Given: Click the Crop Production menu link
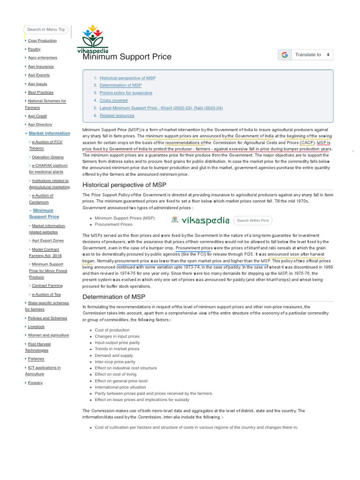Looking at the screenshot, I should coord(42,41).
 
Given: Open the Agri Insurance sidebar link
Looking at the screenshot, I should coord(41,67).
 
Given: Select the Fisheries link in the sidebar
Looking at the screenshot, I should coord(36,359).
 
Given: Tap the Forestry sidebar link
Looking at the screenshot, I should coord(35,383).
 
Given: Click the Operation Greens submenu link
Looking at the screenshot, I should coord(47,157).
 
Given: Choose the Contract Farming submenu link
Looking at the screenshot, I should coord(47,285).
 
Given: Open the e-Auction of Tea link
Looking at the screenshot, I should coord(46,294).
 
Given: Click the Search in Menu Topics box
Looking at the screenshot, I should coord(46,30).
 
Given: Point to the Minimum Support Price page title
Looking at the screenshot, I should coord(127,57).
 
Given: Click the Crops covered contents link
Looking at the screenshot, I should coord(113,100).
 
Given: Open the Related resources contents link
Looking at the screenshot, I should coord(117,115).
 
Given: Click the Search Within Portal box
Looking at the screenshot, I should coord(253,220).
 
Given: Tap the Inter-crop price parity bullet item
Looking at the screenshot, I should coord(115,362).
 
